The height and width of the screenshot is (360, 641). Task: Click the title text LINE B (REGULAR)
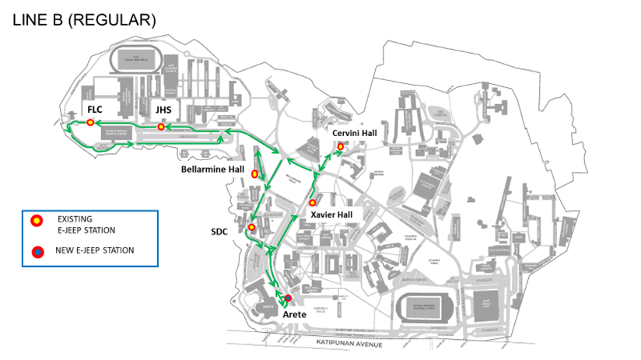coord(85,20)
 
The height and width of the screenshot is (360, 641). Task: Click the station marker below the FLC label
coord(91,123)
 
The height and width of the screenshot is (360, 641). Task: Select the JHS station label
coord(163,110)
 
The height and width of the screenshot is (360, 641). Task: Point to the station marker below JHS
coord(161,127)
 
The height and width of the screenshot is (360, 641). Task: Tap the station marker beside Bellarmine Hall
coord(254,174)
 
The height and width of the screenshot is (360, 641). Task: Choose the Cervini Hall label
coord(355,133)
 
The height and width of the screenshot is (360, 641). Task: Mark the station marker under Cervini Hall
coord(340,146)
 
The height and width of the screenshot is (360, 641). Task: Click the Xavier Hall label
coord(331,214)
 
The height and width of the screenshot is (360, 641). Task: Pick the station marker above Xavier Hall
coord(313,202)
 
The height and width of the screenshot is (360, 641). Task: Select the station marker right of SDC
coord(251,227)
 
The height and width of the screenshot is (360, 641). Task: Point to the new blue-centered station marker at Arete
coord(288,298)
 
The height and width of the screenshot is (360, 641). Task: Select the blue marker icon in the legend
coord(36,251)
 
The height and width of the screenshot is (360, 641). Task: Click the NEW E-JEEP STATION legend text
coord(95,250)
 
